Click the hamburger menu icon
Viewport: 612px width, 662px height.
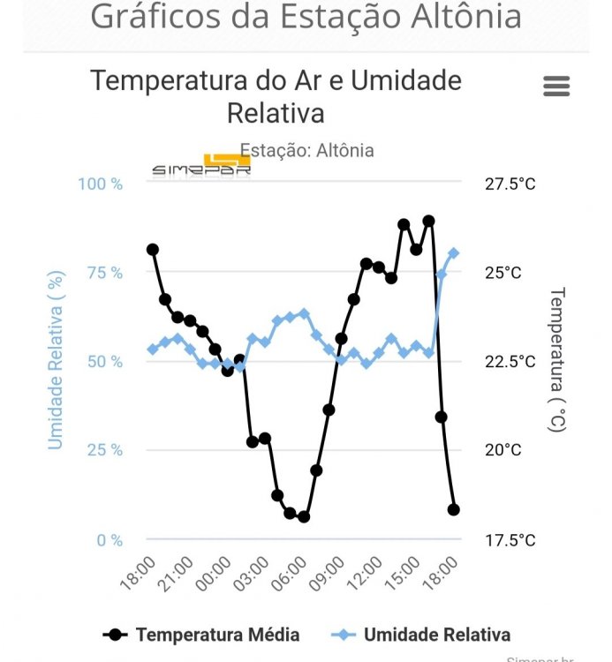[x=556, y=86]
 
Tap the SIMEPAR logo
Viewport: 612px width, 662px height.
[x=201, y=168]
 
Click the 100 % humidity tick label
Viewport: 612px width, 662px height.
[x=100, y=184]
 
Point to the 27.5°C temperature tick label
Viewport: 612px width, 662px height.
[x=510, y=184]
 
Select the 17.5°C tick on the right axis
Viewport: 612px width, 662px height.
[x=510, y=539]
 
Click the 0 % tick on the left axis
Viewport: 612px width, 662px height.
[x=108, y=539]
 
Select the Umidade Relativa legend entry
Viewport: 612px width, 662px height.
[x=423, y=634]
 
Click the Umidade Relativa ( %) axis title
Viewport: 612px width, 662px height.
[x=56, y=360]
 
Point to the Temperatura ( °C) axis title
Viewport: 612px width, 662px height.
[x=557, y=359]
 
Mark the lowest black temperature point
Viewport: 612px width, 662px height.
[x=304, y=516]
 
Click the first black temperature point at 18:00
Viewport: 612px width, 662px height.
[x=153, y=250]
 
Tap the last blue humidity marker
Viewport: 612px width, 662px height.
[x=453, y=253]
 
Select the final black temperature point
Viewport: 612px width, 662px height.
[x=454, y=509]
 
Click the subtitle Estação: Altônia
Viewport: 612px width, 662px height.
[x=306, y=150]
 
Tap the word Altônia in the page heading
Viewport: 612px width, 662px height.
[x=458, y=17]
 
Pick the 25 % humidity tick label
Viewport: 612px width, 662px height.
[x=103, y=449]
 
